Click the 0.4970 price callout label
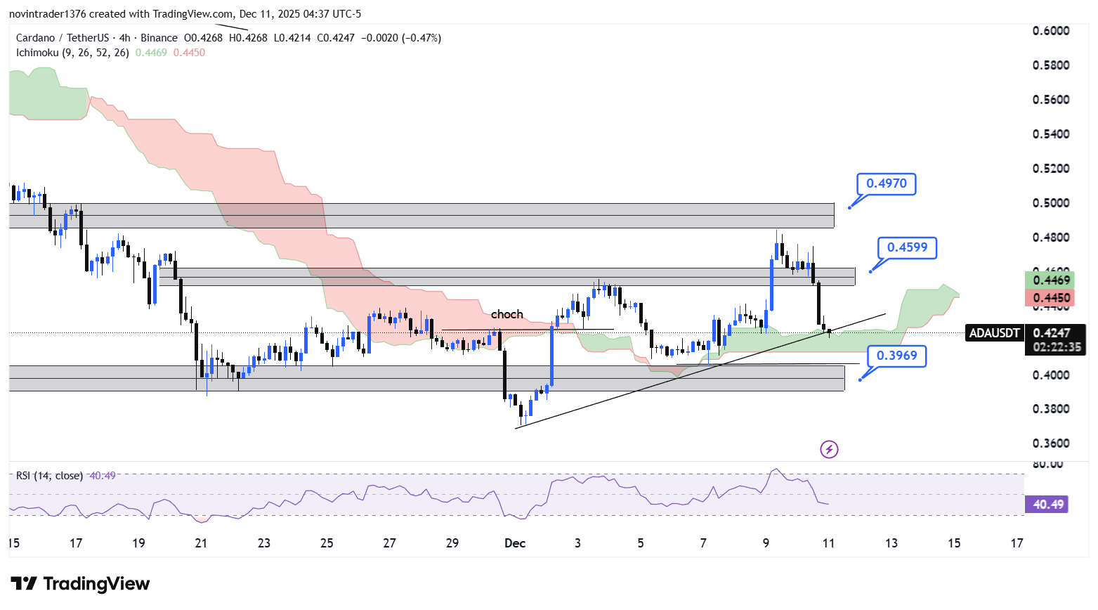(x=886, y=183)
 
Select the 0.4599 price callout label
(x=907, y=247)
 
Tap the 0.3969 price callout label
(x=896, y=356)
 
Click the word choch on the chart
(x=506, y=314)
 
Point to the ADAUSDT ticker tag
(x=994, y=333)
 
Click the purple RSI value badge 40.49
(x=1047, y=504)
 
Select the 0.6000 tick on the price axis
(x=1051, y=31)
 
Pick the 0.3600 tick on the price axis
(x=1051, y=443)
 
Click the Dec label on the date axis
(x=515, y=543)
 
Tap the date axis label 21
(x=202, y=543)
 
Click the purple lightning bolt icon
(x=829, y=449)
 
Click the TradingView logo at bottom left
(x=80, y=584)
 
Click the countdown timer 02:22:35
(x=1057, y=347)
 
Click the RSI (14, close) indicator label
(x=49, y=476)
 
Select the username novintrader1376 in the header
(x=47, y=14)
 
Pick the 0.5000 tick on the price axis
(x=1051, y=203)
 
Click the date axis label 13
(x=891, y=543)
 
